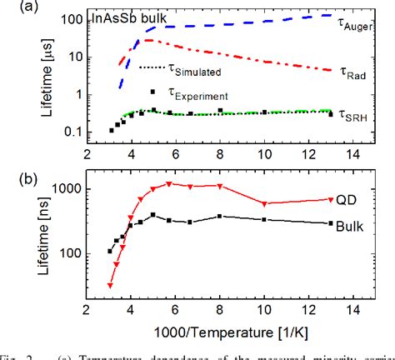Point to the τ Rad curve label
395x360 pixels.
click(x=354, y=73)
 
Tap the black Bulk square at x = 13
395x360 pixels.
click(x=331, y=223)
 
